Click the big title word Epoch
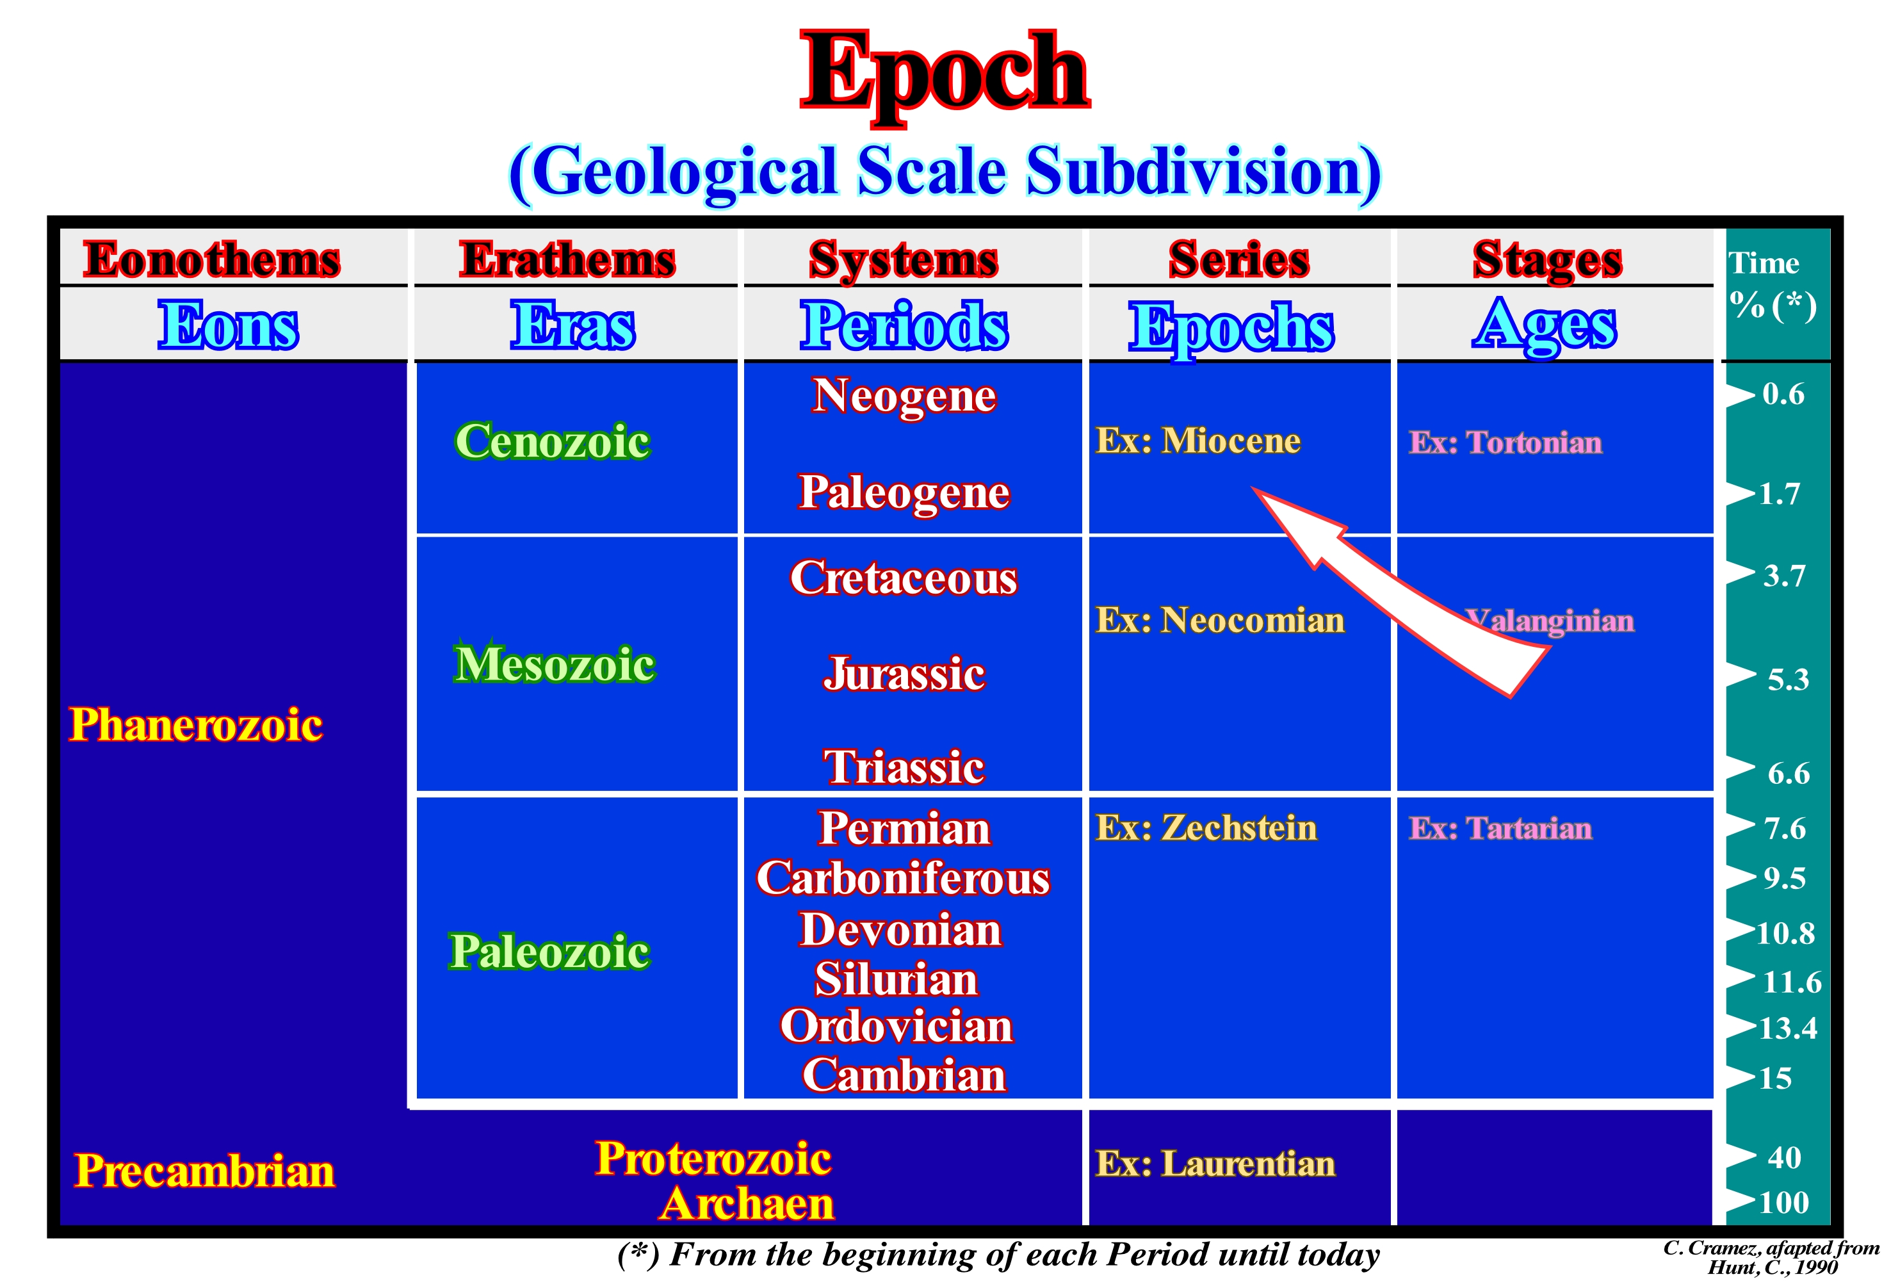pyautogui.click(x=945, y=75)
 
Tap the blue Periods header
pyautogui.click(x=904, y=325)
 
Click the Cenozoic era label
pyautogui.click(x=553, y=441)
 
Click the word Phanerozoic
pyautogui.click(x=196, y=724)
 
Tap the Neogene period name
pyautogui.click(x=904, y=396)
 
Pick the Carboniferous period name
pyautogui.click(x=903, y=878)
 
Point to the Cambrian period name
pyautogui.click(x=904, y=1075)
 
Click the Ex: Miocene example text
pyautogui.click(x=1197, y=441)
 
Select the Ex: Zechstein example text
pyautogui.click(x=1206, y=827)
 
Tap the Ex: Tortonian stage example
pyautogui.click(x=1505, y=443)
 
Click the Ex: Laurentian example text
pyautogui.click(x=1215, y=1163)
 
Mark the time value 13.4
pyautogui.click(x=1788, y=1028)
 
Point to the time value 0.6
pyautogui.click(x=1783, y=394)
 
